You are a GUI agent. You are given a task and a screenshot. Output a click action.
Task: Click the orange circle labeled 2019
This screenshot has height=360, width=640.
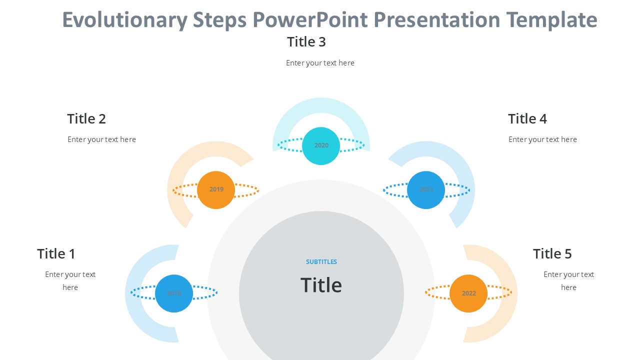216,190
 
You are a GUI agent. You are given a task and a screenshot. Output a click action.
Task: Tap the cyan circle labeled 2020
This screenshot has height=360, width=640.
321,146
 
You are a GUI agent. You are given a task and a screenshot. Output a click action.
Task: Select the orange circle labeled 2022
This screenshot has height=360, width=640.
468,293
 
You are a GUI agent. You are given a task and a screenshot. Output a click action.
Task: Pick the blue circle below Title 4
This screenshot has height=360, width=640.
426,190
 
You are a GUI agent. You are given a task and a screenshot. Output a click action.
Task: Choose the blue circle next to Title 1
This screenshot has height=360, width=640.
174,293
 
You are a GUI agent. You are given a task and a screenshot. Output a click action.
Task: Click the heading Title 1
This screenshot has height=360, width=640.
56,254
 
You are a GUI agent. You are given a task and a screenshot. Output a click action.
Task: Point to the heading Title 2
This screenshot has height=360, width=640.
86,119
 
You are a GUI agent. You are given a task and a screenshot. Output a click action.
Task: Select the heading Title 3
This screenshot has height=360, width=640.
306,42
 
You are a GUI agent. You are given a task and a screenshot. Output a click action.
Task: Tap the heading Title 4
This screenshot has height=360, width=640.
527,119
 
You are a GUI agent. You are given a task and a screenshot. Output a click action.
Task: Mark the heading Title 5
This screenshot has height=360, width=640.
552,254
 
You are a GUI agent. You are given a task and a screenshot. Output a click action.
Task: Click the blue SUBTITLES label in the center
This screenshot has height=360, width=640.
321,262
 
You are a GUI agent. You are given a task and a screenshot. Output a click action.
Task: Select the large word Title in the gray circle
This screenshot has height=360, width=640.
321,285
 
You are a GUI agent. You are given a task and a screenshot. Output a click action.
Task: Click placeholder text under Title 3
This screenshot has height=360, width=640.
320,63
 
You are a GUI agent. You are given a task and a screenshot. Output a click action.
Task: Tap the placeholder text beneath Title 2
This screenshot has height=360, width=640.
101,139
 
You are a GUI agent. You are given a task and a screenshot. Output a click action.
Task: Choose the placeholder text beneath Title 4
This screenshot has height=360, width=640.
542,139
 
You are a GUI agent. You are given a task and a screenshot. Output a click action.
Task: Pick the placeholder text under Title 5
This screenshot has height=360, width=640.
568,280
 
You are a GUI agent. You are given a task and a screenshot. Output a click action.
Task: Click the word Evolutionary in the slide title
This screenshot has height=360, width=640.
125,20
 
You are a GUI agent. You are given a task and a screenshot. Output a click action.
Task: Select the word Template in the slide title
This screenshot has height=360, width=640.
551,20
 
